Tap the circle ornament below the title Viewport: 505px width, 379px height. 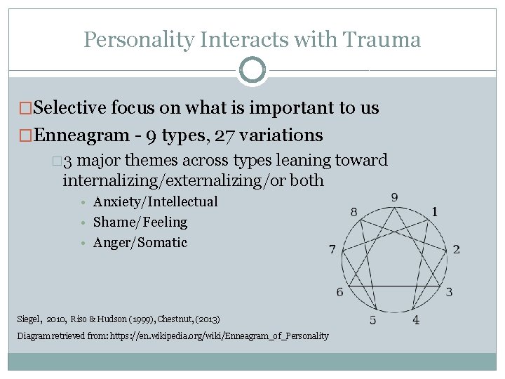click(252, 70)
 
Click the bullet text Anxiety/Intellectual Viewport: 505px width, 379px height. click(155, 202)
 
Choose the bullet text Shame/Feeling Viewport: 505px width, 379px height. click(140, 222)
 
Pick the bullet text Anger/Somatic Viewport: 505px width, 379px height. click(140, 243)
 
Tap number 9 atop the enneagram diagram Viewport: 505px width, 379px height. click(395, 197)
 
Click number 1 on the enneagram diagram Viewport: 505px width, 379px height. click(435, 211)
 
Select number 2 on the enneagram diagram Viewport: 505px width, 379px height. click(457, 249)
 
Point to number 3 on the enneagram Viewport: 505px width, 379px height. click(449, 292)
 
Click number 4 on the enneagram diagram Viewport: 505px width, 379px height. click(416, 320)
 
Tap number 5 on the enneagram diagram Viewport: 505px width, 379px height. click(373, 320)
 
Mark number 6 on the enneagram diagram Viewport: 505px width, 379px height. click(340, 292)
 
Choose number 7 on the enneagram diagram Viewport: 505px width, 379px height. click(332, 249)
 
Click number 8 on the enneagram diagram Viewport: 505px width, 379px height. click(354, 211)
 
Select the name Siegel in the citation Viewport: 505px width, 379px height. click(29, 319)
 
